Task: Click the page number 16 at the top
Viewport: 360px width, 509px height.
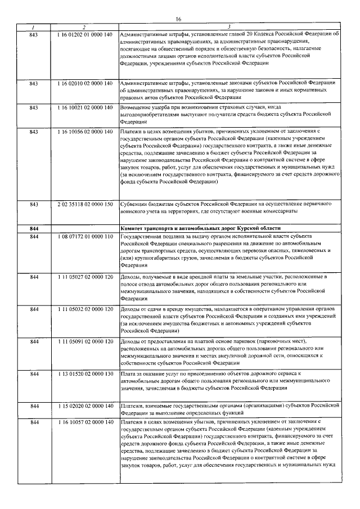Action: (179, 19)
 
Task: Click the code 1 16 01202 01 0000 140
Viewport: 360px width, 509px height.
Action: (85, 34)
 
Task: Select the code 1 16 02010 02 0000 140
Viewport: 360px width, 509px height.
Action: (85, 83)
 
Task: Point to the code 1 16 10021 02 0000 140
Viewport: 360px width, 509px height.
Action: (85, 107)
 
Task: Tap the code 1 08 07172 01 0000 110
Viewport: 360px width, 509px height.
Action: (85, 237)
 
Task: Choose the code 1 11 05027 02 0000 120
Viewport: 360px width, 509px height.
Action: (85, 278)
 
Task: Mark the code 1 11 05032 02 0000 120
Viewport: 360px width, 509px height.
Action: (85, 310)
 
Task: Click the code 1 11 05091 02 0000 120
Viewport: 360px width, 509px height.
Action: (85, 342)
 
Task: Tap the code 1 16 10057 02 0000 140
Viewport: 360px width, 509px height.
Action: (85, 421)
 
